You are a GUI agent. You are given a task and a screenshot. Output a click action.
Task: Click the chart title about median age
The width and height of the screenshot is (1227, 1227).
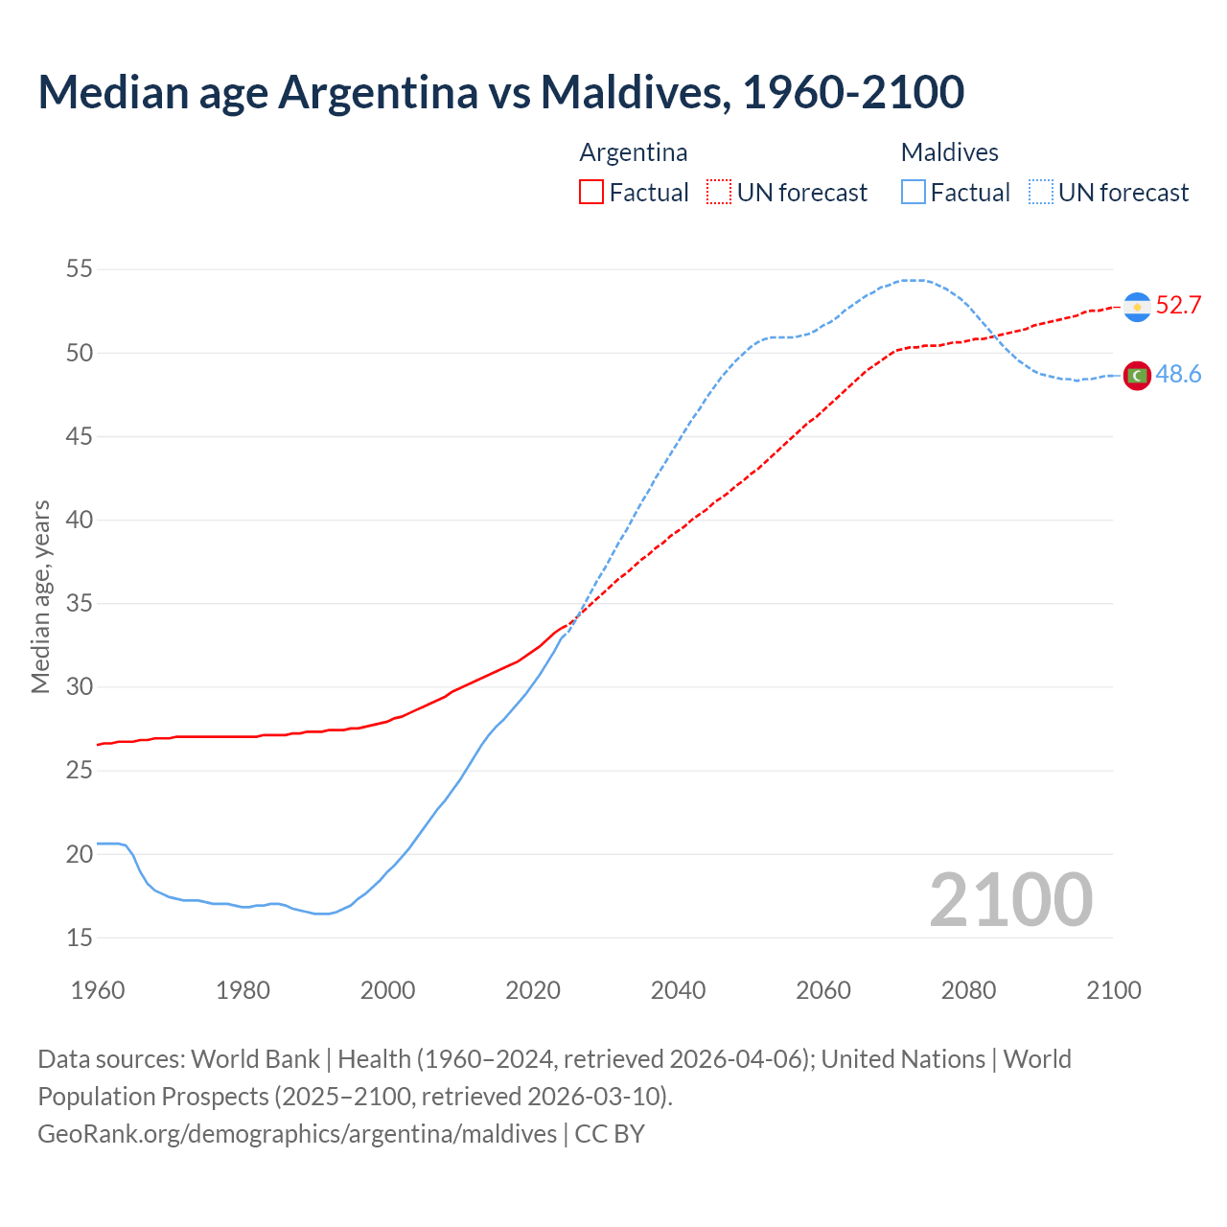[x=500, y=92]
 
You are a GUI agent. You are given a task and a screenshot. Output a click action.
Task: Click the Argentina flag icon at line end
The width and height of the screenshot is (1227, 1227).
[x=1137, y=307]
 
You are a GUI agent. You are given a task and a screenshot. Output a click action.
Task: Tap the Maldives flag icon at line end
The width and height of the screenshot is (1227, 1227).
[x=1137, y=376]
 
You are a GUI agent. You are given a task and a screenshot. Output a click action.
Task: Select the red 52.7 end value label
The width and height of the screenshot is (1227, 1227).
[x=1178, y=306]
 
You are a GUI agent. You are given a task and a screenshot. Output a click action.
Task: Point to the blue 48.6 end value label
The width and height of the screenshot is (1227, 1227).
[x=1178, y=375]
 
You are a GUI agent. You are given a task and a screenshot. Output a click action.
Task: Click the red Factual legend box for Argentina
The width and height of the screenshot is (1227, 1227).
[x=591, y=193]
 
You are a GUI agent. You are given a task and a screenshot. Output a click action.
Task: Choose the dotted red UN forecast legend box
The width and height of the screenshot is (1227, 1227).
[x=719, y=193]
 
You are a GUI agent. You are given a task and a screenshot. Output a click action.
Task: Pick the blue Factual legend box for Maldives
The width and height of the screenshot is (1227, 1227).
[x=914, y=193]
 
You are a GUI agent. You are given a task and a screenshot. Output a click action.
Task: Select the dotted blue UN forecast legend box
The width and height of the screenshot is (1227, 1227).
[x=1041, y=193]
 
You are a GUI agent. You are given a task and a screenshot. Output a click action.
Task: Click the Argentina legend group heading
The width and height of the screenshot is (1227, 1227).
[x=634, y=152]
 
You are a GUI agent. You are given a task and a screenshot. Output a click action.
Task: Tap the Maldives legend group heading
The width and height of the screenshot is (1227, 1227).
[x=949, y=152]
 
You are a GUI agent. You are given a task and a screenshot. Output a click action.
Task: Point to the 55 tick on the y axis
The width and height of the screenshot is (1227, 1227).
[x=80, y=269]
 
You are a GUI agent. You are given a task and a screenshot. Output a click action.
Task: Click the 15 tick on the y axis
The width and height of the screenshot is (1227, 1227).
[x=80, y=938]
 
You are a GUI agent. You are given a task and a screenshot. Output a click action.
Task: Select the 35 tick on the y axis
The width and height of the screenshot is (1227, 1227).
[x=80, y=604]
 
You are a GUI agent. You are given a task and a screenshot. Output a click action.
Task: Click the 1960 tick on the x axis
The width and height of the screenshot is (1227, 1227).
[x=98, y=990]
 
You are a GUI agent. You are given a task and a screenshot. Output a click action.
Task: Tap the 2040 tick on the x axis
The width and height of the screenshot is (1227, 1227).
[x=678, y=990]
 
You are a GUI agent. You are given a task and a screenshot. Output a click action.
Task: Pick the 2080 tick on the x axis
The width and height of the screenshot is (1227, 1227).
[x=968, y=990]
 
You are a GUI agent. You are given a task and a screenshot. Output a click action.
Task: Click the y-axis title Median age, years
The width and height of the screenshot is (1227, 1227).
[x=40, y=596]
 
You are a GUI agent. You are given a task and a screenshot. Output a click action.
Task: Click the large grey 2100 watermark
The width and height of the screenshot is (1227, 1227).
[x=1010, y=900]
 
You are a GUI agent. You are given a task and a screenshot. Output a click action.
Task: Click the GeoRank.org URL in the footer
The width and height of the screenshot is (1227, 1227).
[x=297, y=1134]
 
